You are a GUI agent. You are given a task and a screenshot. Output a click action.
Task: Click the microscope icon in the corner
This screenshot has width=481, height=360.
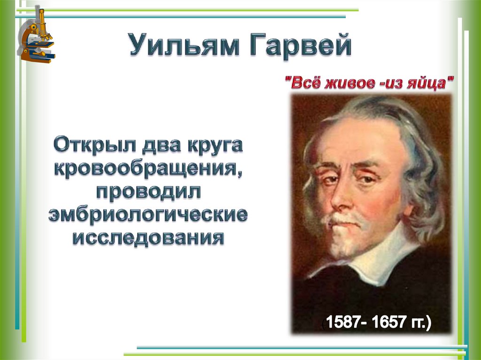click(x=37, y=36)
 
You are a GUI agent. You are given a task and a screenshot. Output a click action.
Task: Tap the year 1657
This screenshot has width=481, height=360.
click(x=389, y=323)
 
